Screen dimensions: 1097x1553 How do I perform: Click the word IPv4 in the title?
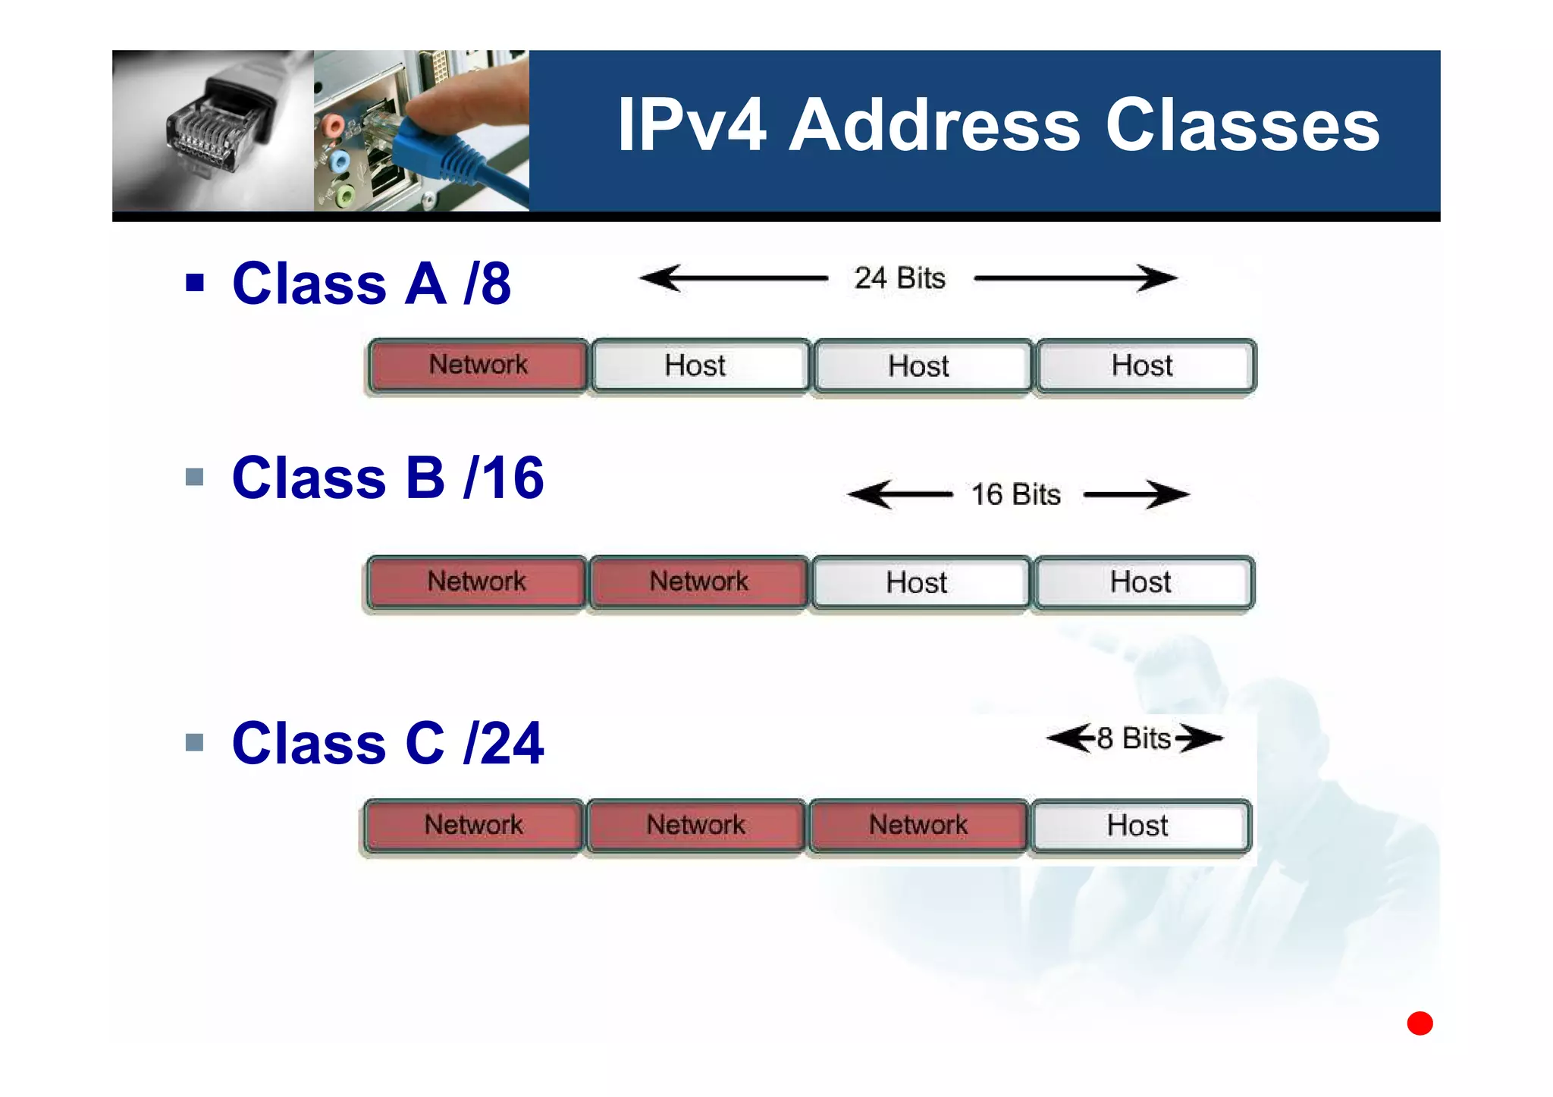pos(692,125)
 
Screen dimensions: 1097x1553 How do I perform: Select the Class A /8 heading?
pos(372,284)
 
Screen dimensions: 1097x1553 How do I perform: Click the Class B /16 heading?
pos(387,478)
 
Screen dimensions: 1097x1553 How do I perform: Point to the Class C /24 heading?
pos(387,743)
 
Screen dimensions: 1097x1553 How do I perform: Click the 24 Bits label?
pos(900,278)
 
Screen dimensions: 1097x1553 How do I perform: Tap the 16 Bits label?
pos(1016,494)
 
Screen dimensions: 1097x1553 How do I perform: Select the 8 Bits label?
pos(1134,738)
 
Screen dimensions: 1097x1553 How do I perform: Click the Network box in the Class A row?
pos(478,365)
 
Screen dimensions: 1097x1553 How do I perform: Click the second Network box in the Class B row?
pos(698,582)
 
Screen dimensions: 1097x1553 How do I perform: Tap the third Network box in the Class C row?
pos(918,826)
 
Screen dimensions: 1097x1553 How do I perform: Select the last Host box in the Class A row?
pos(1143,366)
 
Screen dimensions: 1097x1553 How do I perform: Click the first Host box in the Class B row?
pos(917,583)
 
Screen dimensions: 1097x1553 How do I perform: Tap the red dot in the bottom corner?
pos(1420,1023)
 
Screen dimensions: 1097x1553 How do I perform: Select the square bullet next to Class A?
pos(195,283)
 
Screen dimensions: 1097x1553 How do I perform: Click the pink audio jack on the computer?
pos(332,124)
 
